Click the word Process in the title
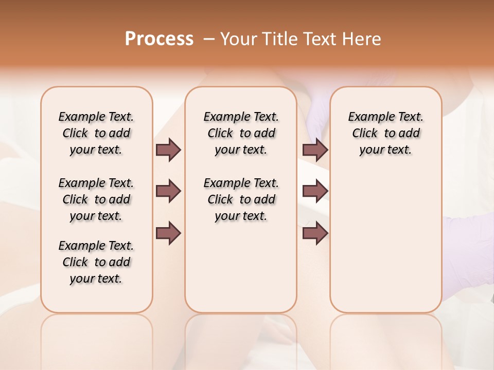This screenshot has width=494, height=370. coord(159,39)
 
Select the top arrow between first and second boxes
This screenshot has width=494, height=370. coord(168,150)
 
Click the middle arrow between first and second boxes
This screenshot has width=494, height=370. coord(168,191)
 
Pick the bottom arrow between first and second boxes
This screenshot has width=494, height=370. coord(168,233)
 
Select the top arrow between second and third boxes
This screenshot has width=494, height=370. coord(315,150)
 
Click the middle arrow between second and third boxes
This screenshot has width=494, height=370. coord(315,191)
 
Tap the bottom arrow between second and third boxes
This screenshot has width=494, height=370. coord(315,233)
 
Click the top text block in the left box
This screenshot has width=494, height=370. coord(96,133)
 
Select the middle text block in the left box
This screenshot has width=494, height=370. coord(96,199)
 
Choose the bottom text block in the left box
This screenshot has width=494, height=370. coord(96,262)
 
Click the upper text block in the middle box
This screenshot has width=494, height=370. coord(241,133)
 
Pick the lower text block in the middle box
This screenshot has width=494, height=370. coord(241,199)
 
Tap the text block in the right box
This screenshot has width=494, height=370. coord(385,133)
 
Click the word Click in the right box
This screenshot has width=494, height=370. coord(365,134)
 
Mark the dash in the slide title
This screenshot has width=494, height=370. coord(208,39)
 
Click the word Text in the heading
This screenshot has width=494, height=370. coord(319,39)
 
